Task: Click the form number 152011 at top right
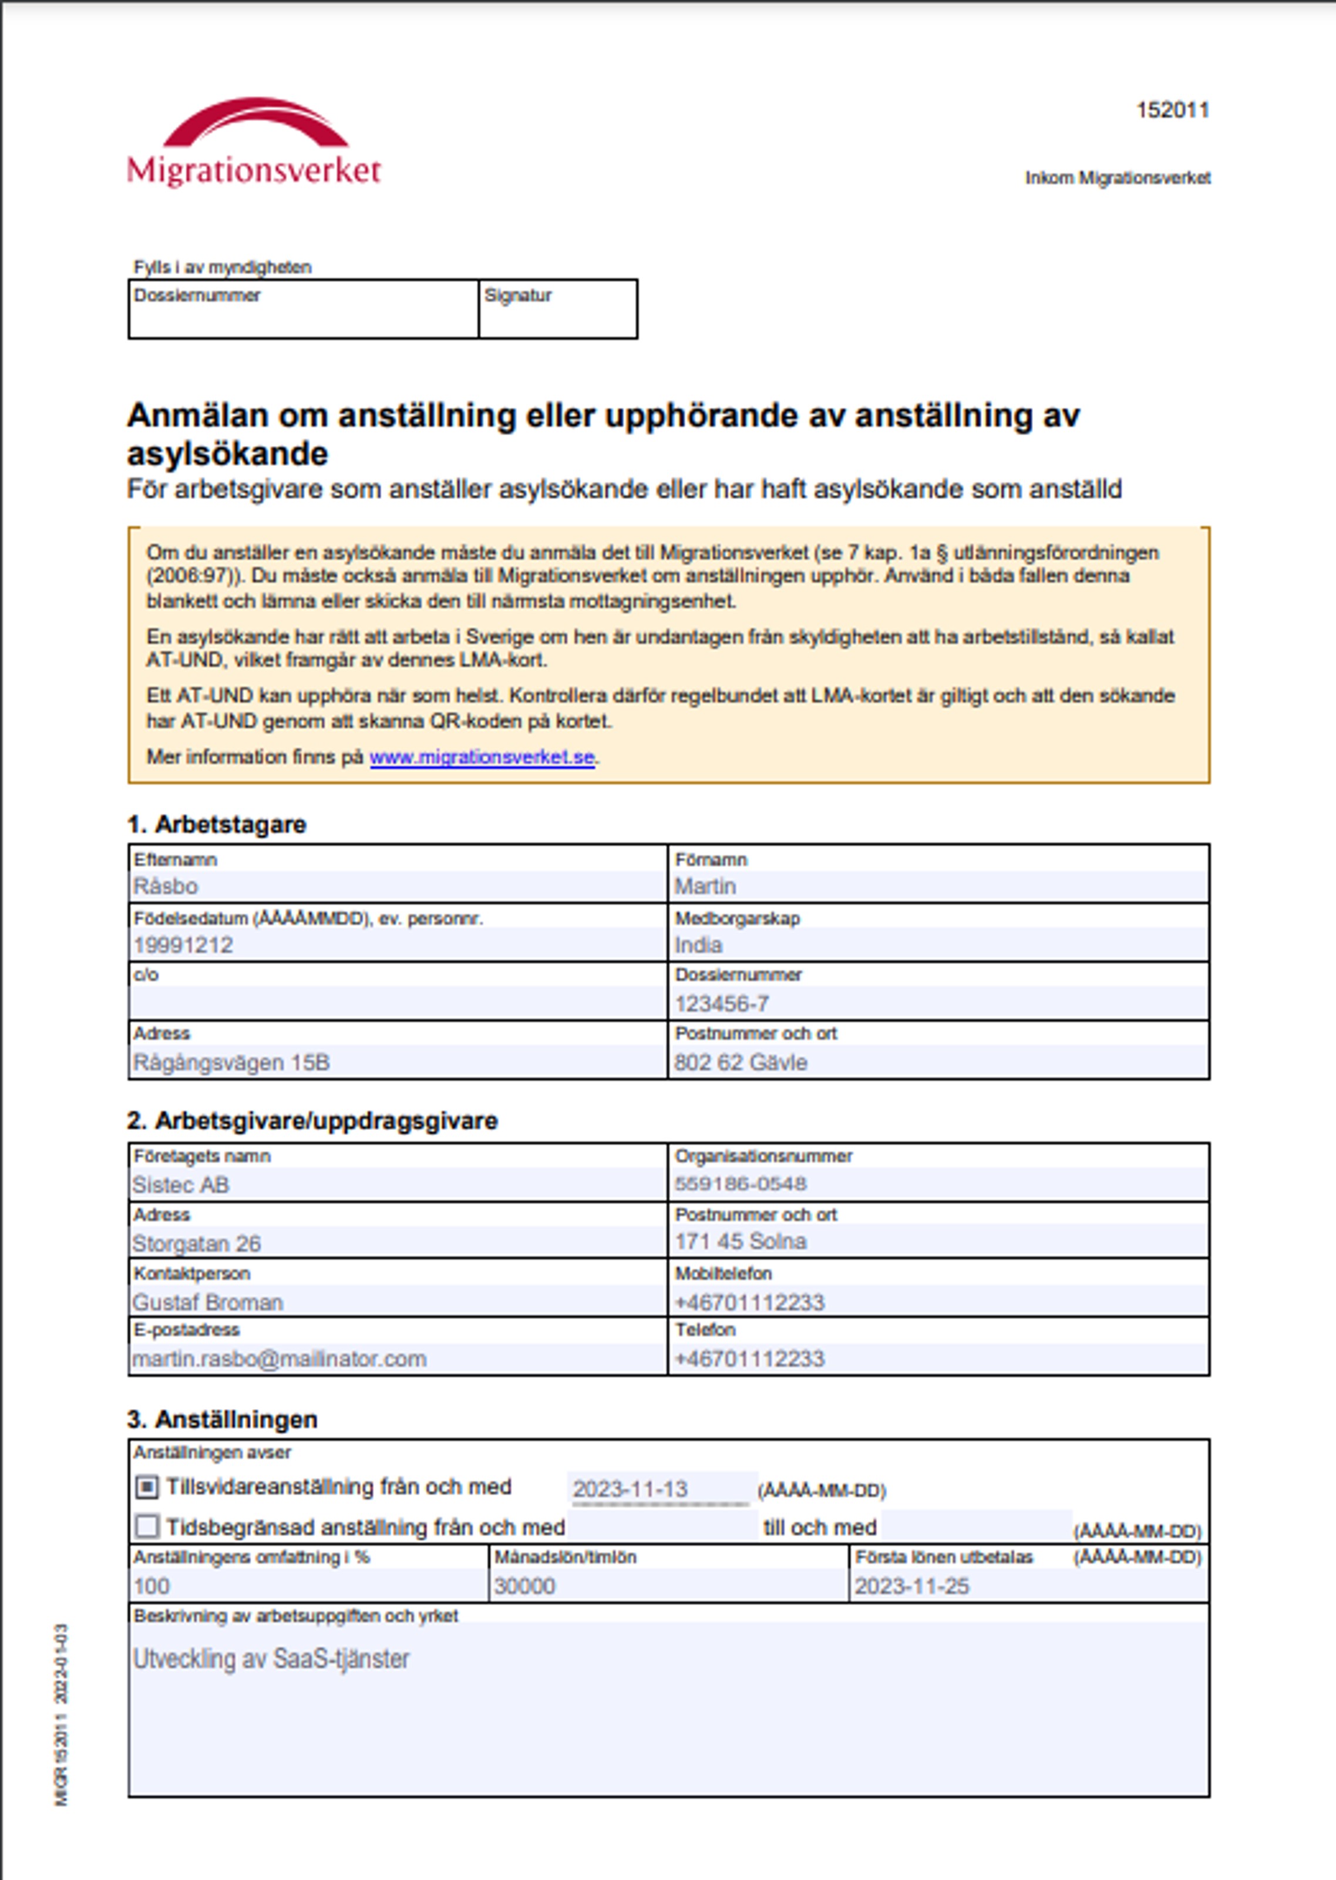point(1172,110)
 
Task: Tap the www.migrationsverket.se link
point(482,757)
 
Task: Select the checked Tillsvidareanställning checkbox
point(146,1486)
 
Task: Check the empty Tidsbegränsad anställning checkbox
point(146,1527)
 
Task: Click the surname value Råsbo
point(166,886)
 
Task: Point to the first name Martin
point(705,886)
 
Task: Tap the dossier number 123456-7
point(722,1004)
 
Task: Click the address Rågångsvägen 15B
point(231,1062)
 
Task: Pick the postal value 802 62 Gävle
point(741,1062)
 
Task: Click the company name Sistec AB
point(181,1185)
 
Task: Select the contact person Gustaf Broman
point(208,1303)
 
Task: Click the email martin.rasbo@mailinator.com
point(280,1358)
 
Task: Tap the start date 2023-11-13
point(630,1489)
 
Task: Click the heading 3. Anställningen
point(222,1420)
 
